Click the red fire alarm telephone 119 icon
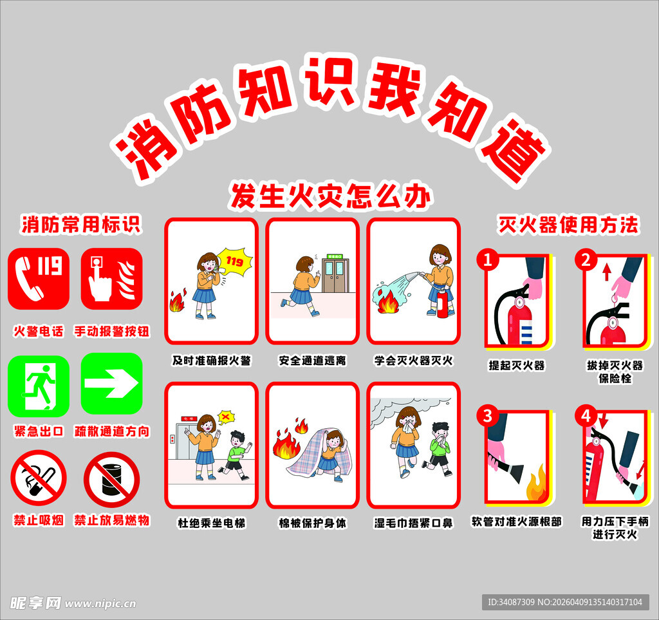click(39, 278)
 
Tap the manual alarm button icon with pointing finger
click(111, 278)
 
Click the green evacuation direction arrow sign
click(111, 384)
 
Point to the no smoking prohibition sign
click(39, 478)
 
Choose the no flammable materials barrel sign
click(111, 480)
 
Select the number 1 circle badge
click(488, 260)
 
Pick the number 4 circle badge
click(586, 415)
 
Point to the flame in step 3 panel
click(535, 487)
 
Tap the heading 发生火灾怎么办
click(330, 196)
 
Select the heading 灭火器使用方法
click(568, 225)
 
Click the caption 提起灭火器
click(517, 365)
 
